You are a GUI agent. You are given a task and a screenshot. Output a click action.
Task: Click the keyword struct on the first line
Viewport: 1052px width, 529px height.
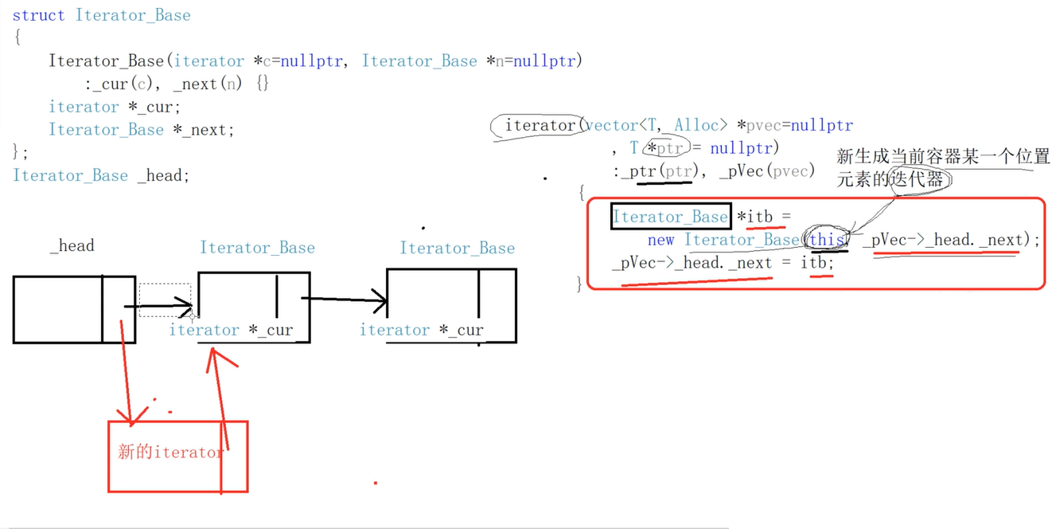[x=38, y=15]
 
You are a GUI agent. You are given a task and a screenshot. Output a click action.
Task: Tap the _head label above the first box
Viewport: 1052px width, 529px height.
[x=72, y=246]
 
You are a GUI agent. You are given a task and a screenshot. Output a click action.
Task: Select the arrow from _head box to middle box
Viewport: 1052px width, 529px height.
[x=158, y=305]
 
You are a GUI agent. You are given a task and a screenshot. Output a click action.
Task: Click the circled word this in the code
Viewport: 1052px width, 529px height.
[x=826, y=240]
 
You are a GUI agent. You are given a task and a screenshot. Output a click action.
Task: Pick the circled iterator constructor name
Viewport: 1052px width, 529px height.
[x=540, y=126]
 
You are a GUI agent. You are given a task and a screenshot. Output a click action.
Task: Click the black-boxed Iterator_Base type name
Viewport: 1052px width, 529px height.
[x=670, y=217]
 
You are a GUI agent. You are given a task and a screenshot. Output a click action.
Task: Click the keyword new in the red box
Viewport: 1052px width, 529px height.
[x=660, y=240]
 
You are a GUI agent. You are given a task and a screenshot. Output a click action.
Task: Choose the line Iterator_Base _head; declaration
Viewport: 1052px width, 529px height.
[x=101, y=175]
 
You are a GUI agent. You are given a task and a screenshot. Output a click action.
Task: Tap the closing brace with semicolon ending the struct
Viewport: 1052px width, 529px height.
[x=21, y=151]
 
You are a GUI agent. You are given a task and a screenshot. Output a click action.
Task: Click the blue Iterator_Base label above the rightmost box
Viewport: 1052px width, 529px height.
[x=457, y=249]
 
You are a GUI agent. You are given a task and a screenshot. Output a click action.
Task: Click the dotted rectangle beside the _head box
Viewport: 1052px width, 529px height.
[x=165, y=299]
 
